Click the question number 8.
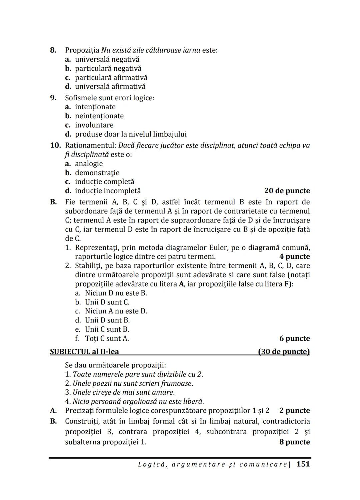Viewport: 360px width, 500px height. tap(53, 50)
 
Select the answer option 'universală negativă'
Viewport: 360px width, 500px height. tap(107, 59)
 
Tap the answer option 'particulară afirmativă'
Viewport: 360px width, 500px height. tap(111, 78)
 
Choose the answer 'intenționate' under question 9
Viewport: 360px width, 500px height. tap(95, 107)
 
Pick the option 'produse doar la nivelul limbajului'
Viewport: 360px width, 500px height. tap(131, 134)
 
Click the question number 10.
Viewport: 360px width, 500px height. tap(55, 146)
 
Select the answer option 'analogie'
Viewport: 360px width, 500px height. tap(89, 164)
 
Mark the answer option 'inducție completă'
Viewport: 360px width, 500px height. tap(104, 182)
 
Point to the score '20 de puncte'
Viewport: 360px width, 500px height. tap(287, 191)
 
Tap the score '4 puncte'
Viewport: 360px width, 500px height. tap(294, 256)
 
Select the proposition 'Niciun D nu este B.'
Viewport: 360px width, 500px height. tap(116, 293)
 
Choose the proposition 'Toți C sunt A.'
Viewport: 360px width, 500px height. tap(107, 338)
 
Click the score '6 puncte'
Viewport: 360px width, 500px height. tap(294, 338)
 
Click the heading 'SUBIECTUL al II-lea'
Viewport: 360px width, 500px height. tap(84, 351)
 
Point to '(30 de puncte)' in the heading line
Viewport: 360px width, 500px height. tap(284, 351)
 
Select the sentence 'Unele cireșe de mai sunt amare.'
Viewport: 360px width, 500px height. tap(124, 392)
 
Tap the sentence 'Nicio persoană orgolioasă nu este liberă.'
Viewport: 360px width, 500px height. tap(138, 401)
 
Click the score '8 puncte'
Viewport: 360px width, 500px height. tap(294, 442)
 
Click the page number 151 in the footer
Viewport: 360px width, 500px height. tap(303, 464)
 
